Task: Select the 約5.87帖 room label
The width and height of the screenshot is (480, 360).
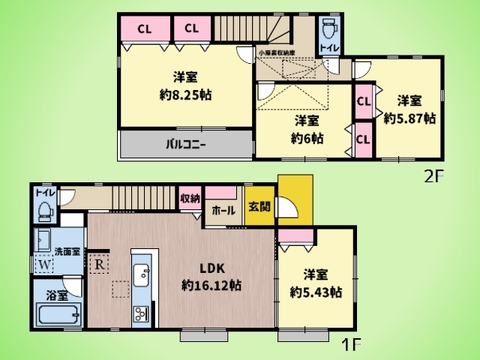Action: [409, 117]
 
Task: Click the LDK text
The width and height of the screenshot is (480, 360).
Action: [209, 268]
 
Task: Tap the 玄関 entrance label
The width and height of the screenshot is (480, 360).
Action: [259, 207]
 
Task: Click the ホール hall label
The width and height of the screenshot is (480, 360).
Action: [224, 211]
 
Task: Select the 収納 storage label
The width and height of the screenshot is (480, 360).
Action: [190, 199]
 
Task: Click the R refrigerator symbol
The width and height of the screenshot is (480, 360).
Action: [101, 265]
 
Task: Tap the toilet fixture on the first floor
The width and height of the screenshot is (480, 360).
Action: [44, 210]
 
